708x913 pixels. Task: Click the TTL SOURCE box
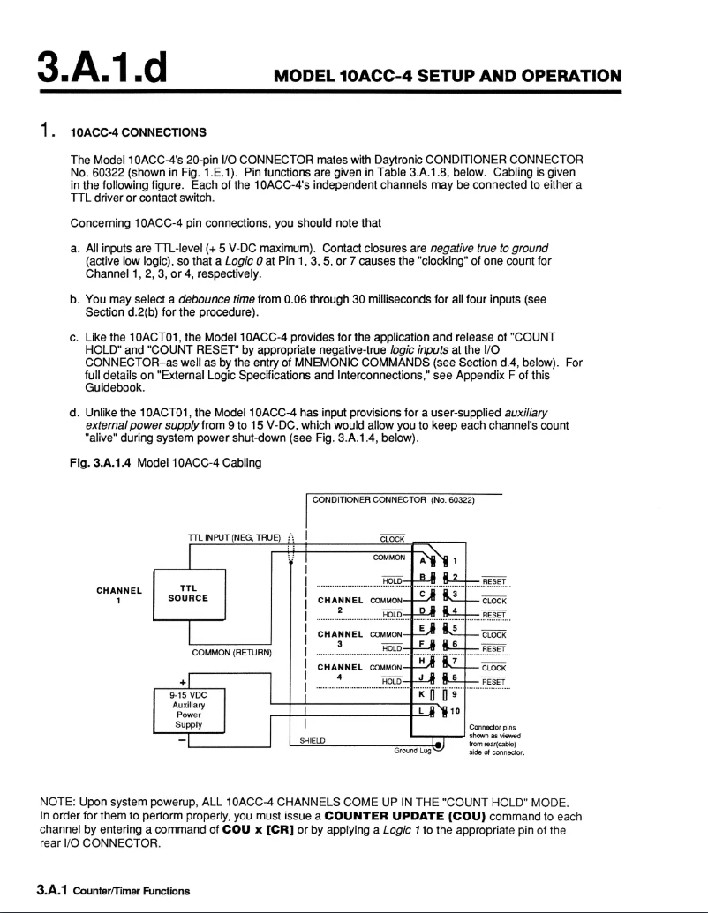coord(189,596)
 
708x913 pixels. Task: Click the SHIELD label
coord(313,741)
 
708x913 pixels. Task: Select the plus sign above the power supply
coord(183,681)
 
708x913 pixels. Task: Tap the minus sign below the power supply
coord(183,739)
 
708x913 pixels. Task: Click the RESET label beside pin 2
coord(494,581)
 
